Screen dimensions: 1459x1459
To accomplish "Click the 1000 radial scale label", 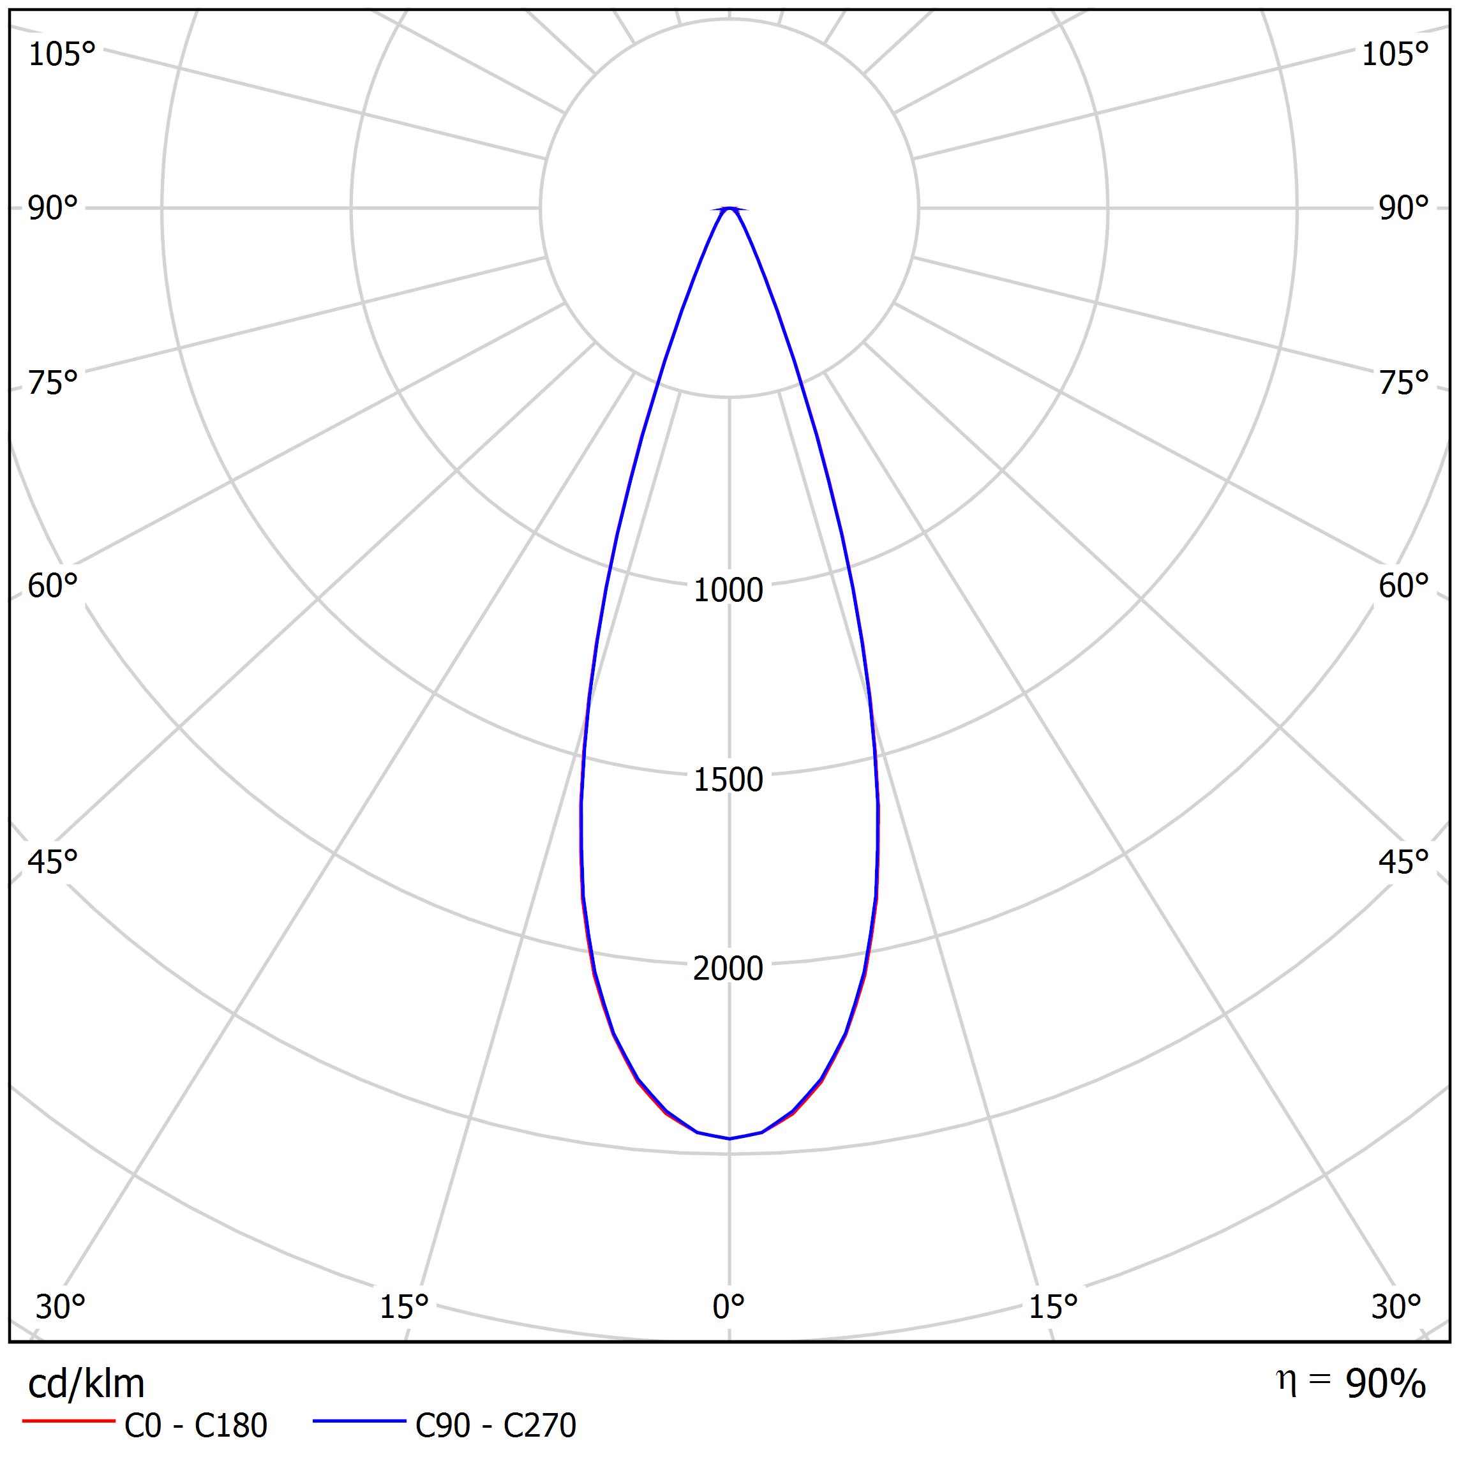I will click(728, 590).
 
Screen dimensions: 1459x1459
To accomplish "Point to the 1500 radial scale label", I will click(728, 780).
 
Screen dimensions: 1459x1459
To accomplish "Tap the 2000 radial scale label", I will click(728, 969).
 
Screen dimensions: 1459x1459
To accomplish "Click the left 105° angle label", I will click(62, 55).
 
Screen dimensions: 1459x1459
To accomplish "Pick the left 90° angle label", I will click(53, 209).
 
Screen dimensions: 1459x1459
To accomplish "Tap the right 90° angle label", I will click(1404, 209).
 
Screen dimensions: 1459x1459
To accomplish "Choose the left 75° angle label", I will click(53, 384).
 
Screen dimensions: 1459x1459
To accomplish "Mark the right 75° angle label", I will click(1404, 384).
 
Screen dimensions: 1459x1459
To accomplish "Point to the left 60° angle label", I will click(53, 587).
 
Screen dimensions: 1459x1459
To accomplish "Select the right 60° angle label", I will click(1404, 587).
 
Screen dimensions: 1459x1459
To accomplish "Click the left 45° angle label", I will click(53, 862).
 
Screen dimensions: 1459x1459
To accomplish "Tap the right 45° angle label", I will click(1404, 862).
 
